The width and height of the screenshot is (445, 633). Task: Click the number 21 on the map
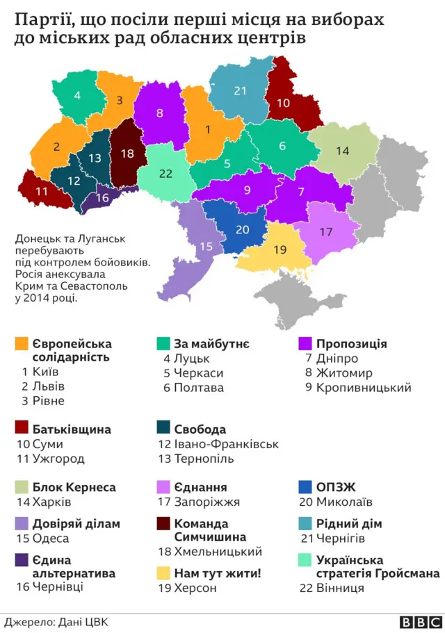(241, 91)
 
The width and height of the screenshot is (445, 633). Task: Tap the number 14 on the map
(342, 151)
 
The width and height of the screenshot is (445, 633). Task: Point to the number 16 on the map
(102, 198)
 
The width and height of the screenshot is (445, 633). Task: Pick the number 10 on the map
(283, 103)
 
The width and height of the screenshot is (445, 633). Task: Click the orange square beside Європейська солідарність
(21, 344)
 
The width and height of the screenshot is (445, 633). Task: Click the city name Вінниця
(340, 588)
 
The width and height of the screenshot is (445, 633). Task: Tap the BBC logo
(419, 621)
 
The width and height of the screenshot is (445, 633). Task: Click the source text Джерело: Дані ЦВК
(55, 622)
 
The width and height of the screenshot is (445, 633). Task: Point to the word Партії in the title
(41, 19)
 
